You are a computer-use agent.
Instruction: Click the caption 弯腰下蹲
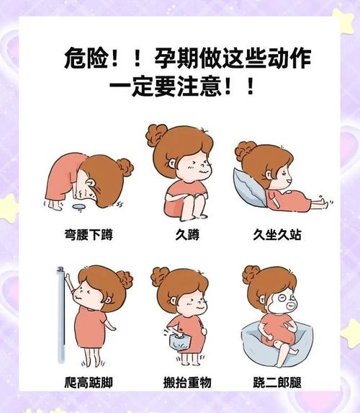click(x=88, y=234)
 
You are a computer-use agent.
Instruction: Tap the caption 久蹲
click(x=179, y=234)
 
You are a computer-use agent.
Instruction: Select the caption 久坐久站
click(x=278, y=234)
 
